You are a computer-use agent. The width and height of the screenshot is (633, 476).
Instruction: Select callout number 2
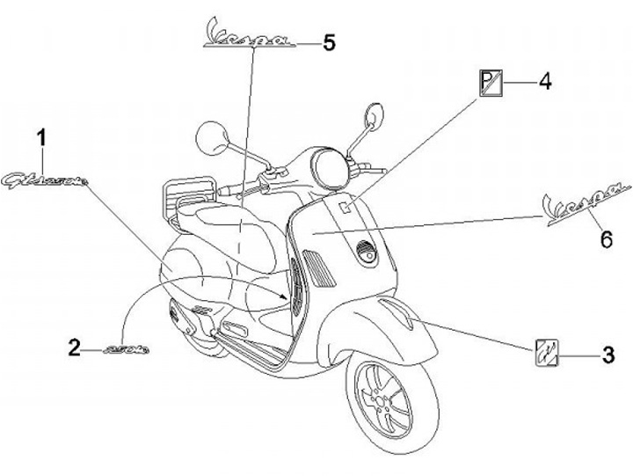(75, 347)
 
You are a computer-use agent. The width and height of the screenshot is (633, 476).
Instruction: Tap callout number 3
(607, 355)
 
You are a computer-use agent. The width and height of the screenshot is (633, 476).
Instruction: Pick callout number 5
(329, 41)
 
